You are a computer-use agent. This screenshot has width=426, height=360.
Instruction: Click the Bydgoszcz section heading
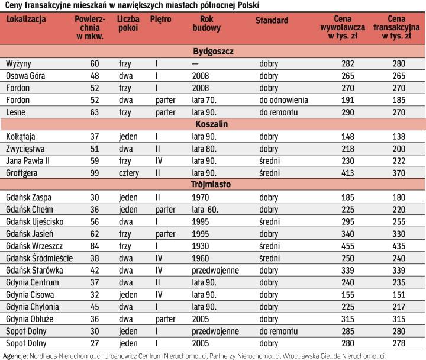point(214,52)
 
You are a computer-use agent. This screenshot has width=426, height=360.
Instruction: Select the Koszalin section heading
point(213,124)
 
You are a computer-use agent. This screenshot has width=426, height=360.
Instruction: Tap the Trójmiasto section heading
point(213,184)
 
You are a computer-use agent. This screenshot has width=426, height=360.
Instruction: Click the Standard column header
point(272,20)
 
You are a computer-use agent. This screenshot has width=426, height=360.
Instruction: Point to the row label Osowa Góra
point(25,76)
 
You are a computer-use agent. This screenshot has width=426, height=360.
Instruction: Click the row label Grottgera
point(22,172)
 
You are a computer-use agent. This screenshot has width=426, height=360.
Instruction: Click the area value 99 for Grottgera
point(95,172)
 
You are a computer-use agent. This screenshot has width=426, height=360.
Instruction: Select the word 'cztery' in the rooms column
point(127,172)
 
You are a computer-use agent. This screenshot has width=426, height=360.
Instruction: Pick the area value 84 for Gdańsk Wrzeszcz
point(95,245)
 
